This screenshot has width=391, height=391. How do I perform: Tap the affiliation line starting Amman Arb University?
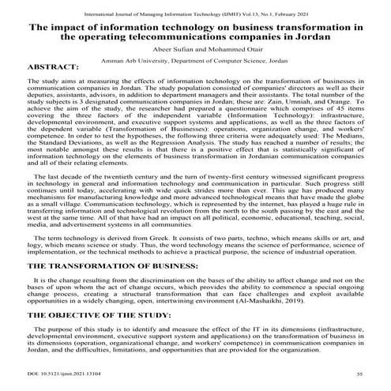pyautogui.click(x=195, y=58)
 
